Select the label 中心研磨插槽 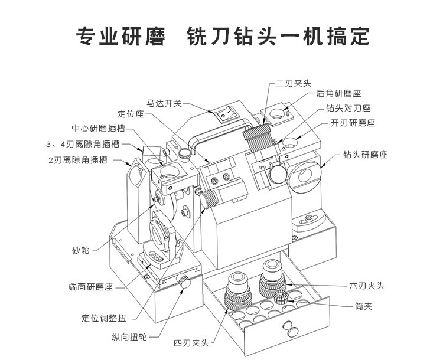[98, 128]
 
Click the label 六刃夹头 [367, 286]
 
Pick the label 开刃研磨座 [353, 123]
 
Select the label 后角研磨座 [338, 93]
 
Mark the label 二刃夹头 [293, 83]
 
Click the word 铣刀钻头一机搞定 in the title [278, 35]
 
